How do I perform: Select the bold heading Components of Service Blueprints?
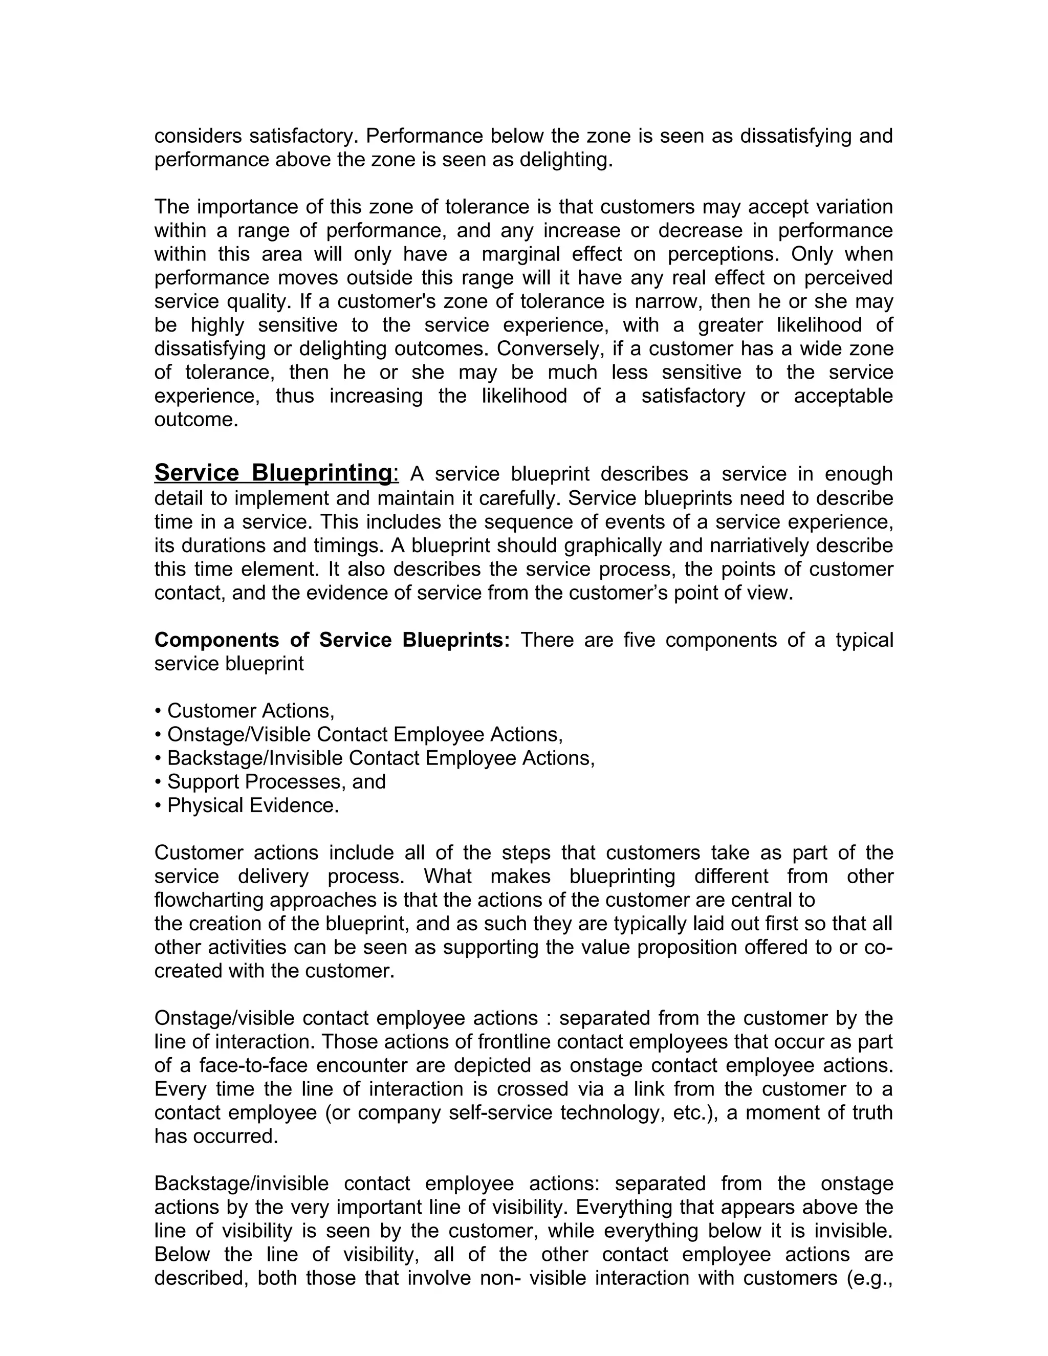[332, 640]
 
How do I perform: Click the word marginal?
[520, 254]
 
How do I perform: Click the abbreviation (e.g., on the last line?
[869, 1278]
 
